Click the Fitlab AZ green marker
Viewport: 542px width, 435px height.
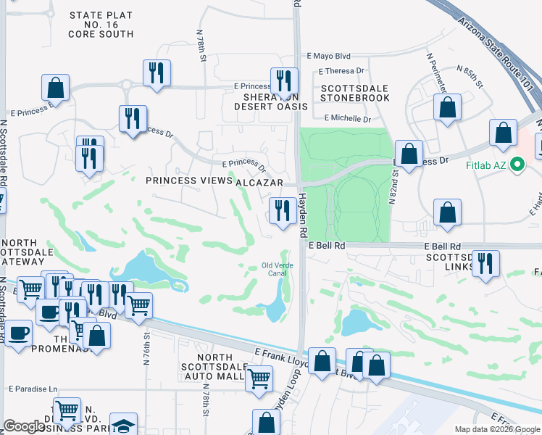(x=517, y=166)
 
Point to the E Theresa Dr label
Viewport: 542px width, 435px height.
(x=343, y=71)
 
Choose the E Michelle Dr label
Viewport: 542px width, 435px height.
(x=347, y=119)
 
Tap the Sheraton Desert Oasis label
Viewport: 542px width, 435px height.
(x=270, y=101)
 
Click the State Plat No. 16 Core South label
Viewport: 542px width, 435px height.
(x=101, y=25)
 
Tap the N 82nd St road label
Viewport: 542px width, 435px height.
(x=396, y=186)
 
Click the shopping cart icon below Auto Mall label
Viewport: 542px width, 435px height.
(x=259, y=377)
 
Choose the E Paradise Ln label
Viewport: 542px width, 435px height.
(x=33, y=389)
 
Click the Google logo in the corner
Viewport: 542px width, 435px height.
(x=24, y=426)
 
